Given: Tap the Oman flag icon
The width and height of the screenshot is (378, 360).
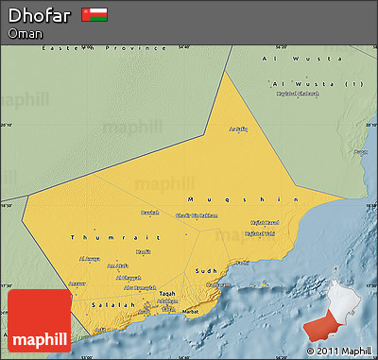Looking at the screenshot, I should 94,15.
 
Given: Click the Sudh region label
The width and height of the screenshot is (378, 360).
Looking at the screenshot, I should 206,270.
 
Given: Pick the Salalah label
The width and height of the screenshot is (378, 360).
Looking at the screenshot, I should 112,303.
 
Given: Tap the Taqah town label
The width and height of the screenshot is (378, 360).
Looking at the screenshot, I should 166,294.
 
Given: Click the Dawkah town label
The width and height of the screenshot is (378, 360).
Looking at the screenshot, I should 150,213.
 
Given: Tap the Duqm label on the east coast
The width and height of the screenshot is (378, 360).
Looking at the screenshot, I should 360,151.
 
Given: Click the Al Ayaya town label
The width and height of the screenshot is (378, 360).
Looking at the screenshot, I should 89,258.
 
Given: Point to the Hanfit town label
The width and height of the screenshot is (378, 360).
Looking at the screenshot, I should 143,251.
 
